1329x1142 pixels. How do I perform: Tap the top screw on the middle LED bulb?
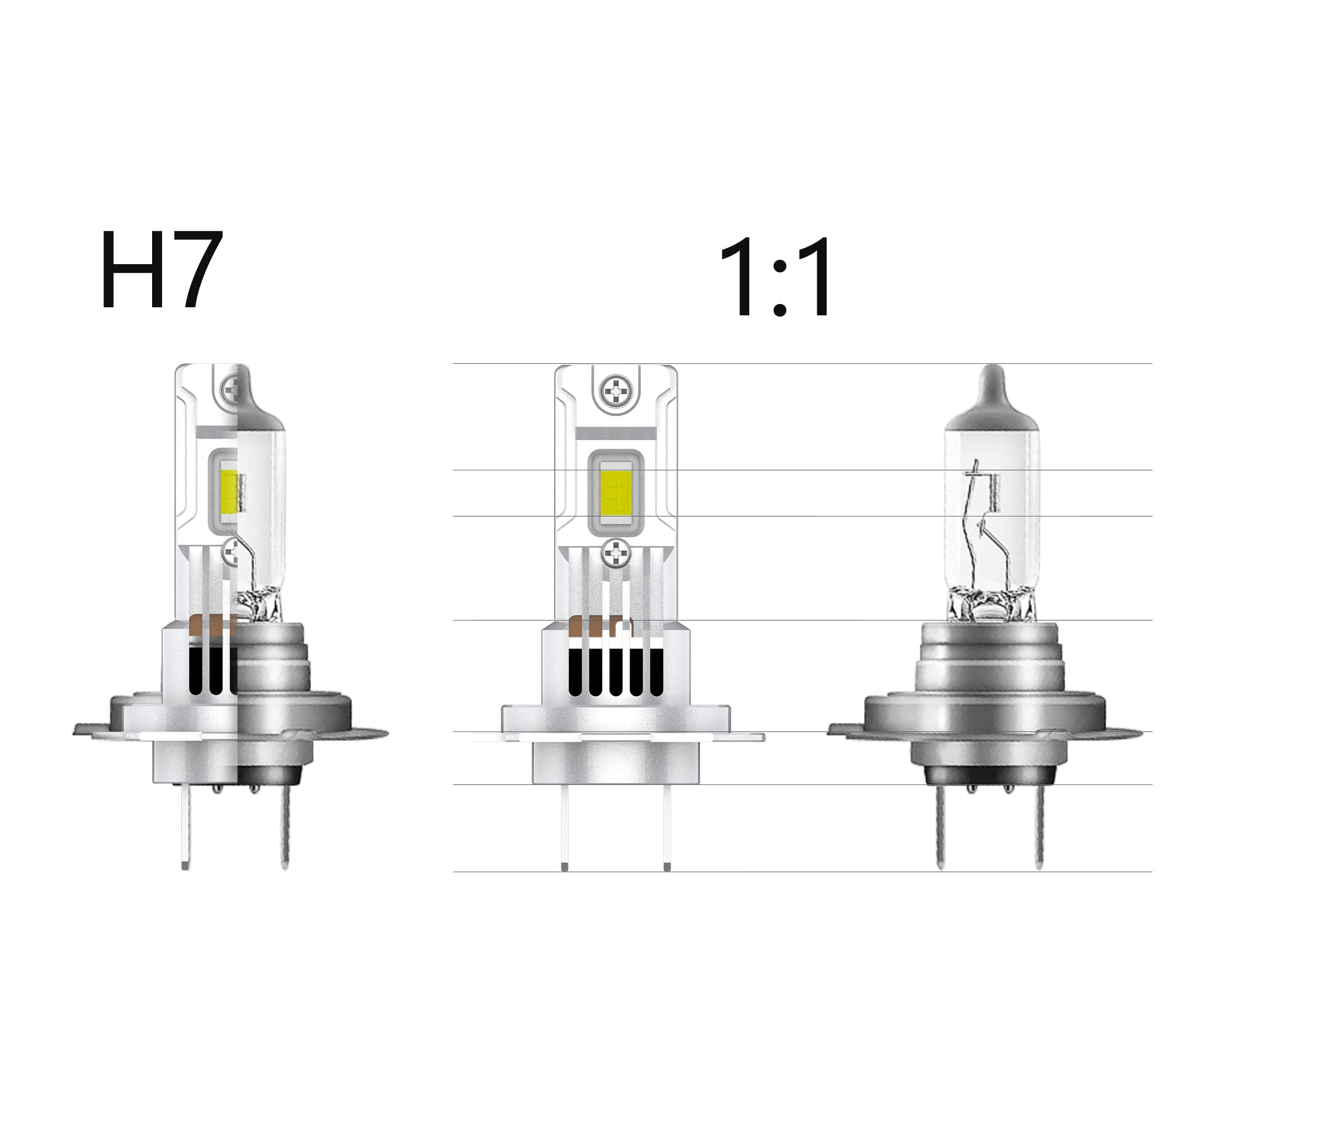616,391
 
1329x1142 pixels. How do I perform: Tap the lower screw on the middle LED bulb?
617,552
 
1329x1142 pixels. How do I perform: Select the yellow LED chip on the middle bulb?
616,492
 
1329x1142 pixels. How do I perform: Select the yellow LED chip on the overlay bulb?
229,491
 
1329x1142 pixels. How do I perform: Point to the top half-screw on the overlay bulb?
230,389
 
